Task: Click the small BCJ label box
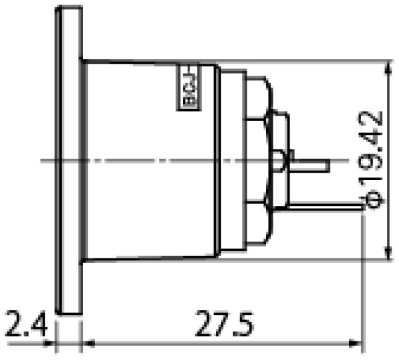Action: (188, 86)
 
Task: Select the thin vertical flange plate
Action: (68, 159)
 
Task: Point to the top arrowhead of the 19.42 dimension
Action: (388, 66)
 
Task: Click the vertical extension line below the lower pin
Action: (362, 279)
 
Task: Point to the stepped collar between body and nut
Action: (231, 159)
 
